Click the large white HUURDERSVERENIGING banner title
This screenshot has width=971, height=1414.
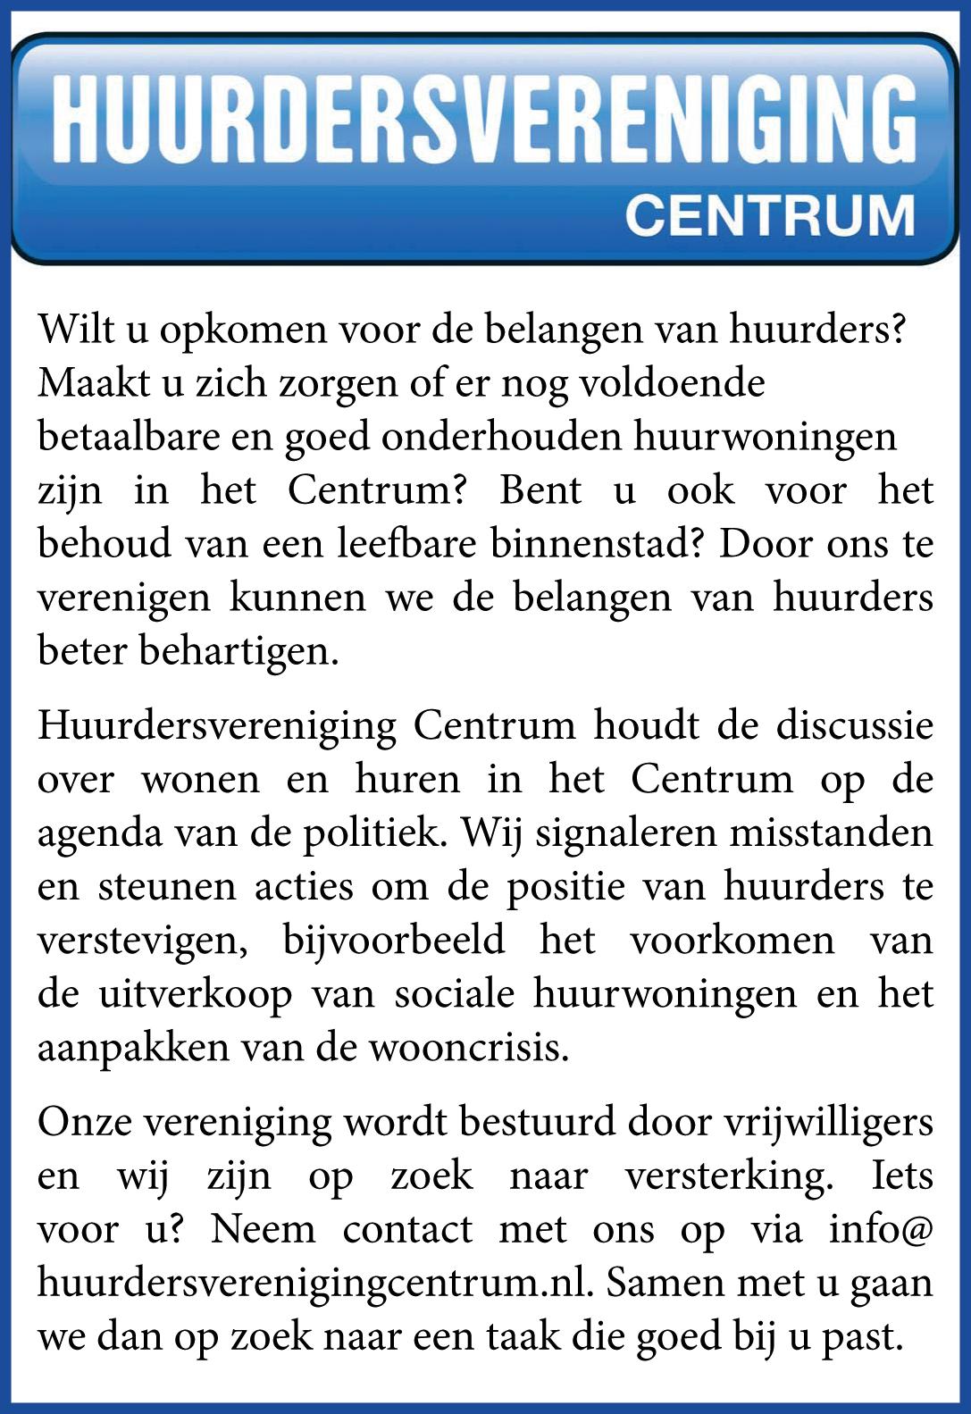[484, 119]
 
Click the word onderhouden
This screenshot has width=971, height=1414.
[507, 437]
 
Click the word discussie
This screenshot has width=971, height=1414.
[854, 725]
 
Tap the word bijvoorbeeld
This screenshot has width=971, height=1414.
[394, 941]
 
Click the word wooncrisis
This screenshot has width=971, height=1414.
[468, 1048]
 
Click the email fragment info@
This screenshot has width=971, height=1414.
[880, 1230]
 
